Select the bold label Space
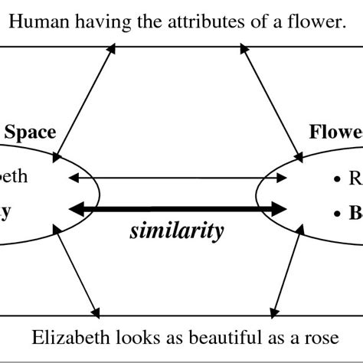point(30,132)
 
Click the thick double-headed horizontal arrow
point(177,208)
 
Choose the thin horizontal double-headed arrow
point(177,178)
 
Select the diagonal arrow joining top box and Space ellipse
point(85,103)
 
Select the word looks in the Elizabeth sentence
point(122,336)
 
